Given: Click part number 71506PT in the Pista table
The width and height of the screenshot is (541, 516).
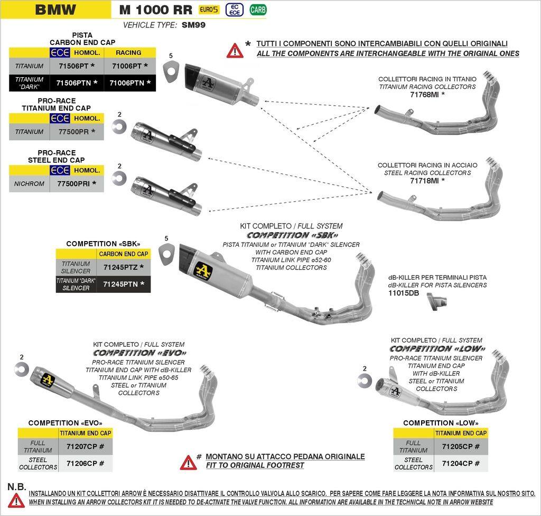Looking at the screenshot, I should pyautogui.click(x=73, y=66).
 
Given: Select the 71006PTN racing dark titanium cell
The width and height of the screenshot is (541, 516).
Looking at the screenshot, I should pyautogui.click(x=129, y=82).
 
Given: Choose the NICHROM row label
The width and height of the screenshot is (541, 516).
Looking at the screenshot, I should pyautogui.click(x=30, y=184).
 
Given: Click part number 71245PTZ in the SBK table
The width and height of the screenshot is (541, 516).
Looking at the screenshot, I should pyautogui.click(x=124, y=267).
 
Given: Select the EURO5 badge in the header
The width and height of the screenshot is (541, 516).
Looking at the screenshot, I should pyautogui.click(x=209, y=10).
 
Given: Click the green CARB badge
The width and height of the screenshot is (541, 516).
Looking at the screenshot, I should pyautogui.click(x=258, y=10).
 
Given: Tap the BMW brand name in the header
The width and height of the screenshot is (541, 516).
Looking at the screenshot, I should pyautogui.click(x=55, y=10).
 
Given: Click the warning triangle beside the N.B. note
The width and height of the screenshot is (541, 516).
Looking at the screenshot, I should pyautogui.click(x=16, y=500).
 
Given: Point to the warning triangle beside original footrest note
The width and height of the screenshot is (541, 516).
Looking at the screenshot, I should pyautogui.click(x=188, y=462).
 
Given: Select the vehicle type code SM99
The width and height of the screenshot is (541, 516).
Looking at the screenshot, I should pyautogui.click(x=193, y=25).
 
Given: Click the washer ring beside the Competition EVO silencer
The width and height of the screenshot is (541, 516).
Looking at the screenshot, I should pyautogui.click(x=22, y=369).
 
